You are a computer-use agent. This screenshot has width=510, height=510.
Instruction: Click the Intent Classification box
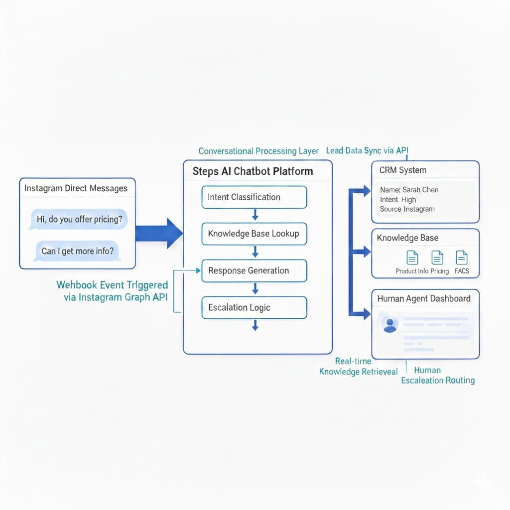tap(254, 197)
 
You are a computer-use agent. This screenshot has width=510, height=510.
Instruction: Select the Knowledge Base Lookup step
tap(254, 234)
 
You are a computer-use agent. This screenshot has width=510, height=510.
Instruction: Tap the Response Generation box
tap(254, 271)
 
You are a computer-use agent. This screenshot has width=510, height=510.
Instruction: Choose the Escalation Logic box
tap(254, 307)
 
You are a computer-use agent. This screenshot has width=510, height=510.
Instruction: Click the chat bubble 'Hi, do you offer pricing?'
tap(79, 219)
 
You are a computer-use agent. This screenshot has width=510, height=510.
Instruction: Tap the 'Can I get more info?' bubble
tap(77, 251)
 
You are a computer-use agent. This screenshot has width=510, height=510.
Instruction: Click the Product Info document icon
tap(412, 258)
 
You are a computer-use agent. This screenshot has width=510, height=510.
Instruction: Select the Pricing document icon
tap(437, 258)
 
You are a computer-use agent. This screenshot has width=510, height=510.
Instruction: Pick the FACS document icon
tap(462, 258)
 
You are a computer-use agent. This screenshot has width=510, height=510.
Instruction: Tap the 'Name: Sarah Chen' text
tap(409, 190)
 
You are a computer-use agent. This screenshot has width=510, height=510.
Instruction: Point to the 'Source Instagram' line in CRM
tap(407, 209)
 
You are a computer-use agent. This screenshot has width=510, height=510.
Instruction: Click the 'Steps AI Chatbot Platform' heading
tap(253, 171)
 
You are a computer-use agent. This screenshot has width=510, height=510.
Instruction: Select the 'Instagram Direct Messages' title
tap(76, 188)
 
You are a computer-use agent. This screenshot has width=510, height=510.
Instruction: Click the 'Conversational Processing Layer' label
tap(258, 151)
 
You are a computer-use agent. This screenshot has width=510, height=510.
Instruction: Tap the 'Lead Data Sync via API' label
tap(367, 150)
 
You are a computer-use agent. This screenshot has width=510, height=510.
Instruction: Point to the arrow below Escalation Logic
tap(255, 326)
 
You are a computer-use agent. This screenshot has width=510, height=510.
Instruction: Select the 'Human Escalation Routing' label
tap(437, 376)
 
